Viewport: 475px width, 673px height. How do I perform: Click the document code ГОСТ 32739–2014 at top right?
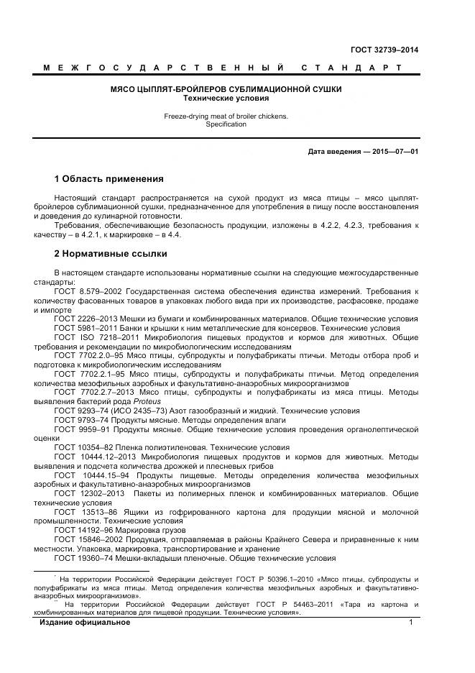tap(384, 50)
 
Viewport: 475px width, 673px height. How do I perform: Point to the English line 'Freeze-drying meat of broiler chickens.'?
tap(226, 116)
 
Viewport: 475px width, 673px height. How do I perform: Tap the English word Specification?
tap(226, 124)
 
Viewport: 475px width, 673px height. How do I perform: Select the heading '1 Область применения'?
tap(109, 179)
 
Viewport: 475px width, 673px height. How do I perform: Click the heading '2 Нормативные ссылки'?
tap(111, 253)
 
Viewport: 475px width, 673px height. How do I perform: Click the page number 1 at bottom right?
tap(411, 622)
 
